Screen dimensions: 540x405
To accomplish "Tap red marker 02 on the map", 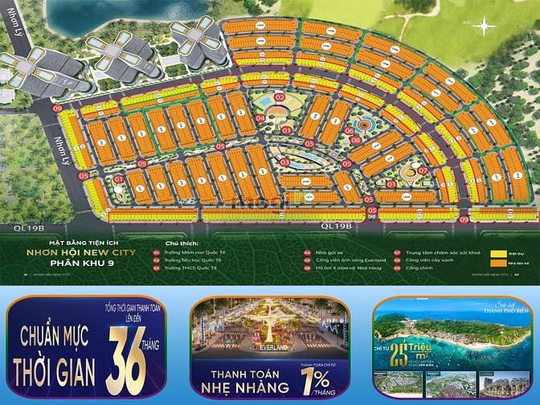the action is pyautogui.click(x=280, y=97).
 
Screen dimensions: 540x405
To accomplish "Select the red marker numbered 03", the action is pyautogui.click(x=284, y=162).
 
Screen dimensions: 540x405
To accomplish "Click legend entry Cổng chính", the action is pyautogui.click(x=419, y=269).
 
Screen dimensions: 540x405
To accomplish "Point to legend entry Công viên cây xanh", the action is pyautogui.click(x=428, y=260).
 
